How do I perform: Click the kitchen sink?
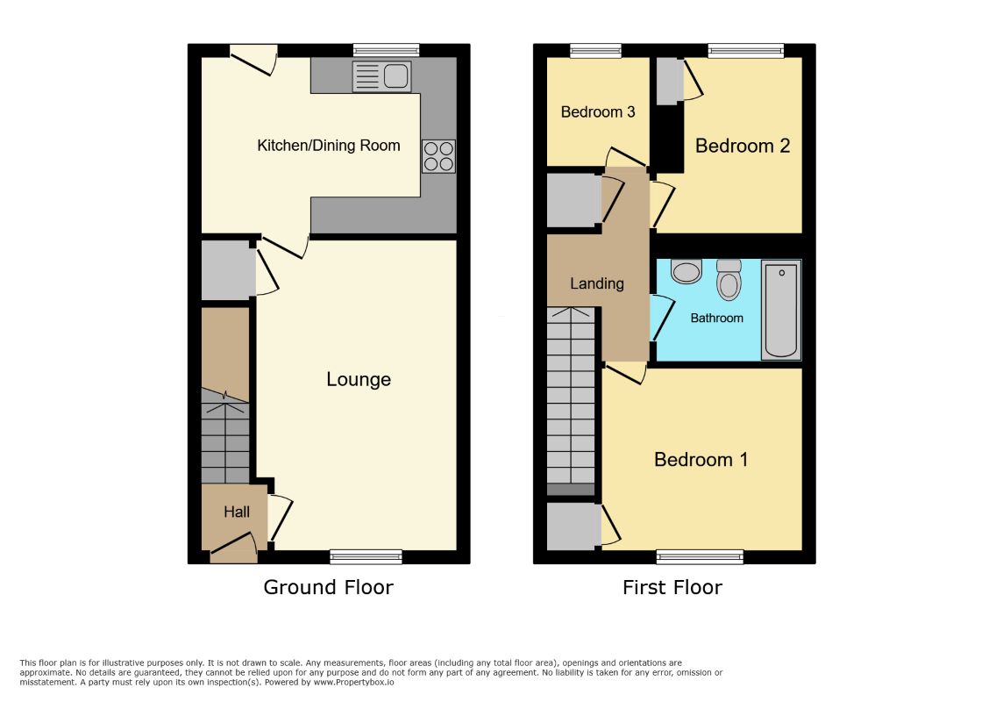pyautogui.click(x=382, y=77)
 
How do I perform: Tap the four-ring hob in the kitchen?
pyautogui.click(x=438, y=156)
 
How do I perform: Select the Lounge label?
pyautogui.click(x=359, y=379)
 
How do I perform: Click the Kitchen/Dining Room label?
pyautogui.click(x=329, y=146)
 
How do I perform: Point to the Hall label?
pyautogui.click(x=237, y=512)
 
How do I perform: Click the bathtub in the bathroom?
pyautogui.click(x=781, y=310)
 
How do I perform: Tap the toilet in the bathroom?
pyautogui.click(x=729, y=279)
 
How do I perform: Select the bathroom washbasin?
pyautogui.click(x=686, y=271)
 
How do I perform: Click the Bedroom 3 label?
pyautogui.click(x=598, y=112)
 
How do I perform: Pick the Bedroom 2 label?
pyautogui.click(x=743, y=146)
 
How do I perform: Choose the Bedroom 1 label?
pyautogui.click(x=701, y=460)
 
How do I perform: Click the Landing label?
pyautogui.click(x=597, y=283)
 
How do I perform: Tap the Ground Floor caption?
pyautogui.click(x=328, y=587)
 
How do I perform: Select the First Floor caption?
pyautogui.click(x=672, y=587)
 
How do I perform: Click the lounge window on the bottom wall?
pyautogui.click(x=366, y=556)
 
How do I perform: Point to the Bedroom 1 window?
pyautogui.click(x=700, y=556)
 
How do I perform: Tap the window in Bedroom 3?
pyautogui.click(x=595, y=51)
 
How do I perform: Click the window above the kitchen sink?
pyautogui.click(x=387, y=51)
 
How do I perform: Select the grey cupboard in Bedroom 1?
pyautogui.click(x=573, y=526)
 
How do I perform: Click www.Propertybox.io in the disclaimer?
pyautogui.click(x=353, y=682)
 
